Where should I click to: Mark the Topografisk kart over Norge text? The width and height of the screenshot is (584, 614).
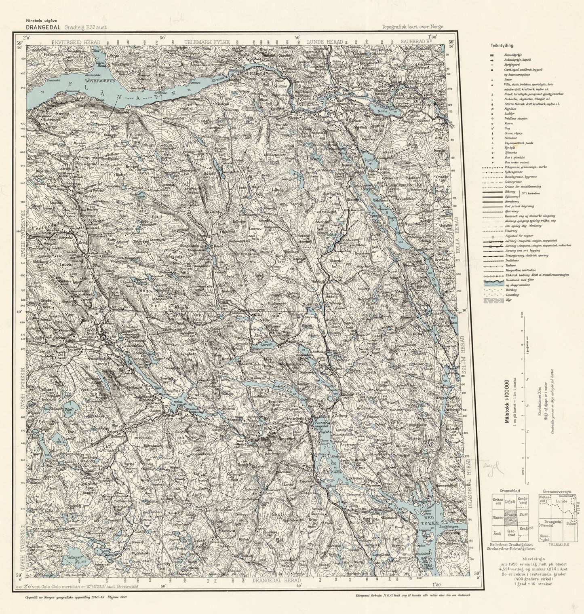coord(412,27)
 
